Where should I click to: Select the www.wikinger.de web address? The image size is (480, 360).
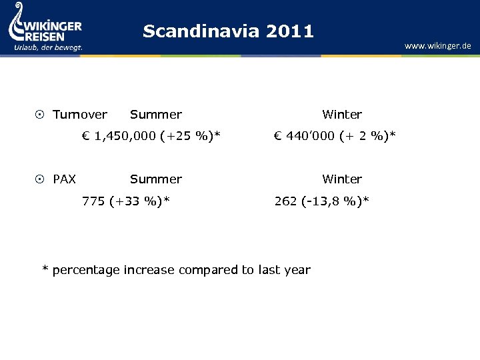click(438, 46)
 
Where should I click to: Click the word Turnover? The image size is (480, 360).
click(80, 115)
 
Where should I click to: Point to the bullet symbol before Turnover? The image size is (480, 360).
click(40, 115)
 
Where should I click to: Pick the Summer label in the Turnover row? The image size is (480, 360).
click(156, 115)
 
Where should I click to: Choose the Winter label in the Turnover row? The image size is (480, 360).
click(342, 115)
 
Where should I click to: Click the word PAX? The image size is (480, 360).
click(64, 179)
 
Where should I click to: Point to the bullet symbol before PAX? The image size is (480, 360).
click(40, 179)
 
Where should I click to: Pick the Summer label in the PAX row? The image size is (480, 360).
click(156, 179)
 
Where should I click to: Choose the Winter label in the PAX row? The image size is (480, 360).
click(342, 179)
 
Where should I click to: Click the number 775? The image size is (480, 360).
click(93, 201)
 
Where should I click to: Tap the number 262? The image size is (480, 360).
click(285, 201)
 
